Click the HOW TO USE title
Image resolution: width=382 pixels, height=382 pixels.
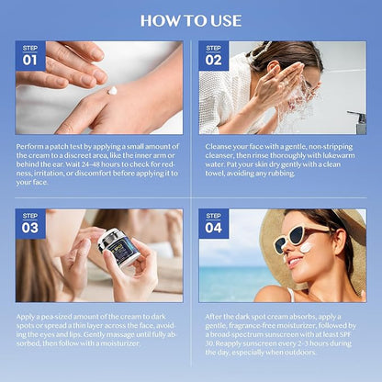[191, 19]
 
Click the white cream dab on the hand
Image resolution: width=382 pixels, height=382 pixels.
[112, 90]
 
